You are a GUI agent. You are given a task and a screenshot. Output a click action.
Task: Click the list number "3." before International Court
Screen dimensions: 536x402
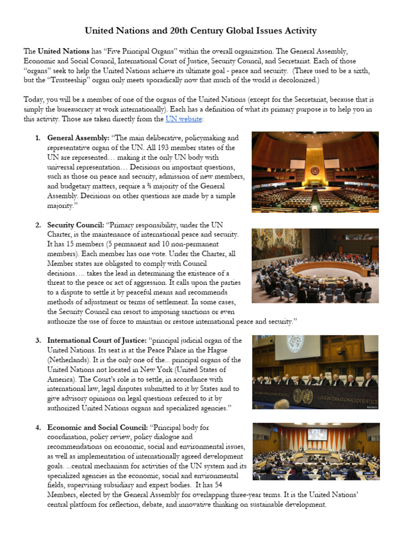click(x=38, y=340)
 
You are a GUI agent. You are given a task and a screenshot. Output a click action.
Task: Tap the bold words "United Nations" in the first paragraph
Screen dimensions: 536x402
click(x=63, y=51)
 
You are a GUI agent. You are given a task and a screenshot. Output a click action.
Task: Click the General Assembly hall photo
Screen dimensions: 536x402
click(x=315, y=171)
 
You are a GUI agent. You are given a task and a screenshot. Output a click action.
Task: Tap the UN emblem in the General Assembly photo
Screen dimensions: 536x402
click(x=315, y=171)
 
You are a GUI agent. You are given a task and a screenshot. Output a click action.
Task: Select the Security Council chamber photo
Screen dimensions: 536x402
click(x=315, y=265)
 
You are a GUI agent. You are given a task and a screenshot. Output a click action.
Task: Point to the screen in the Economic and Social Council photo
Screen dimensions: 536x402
click(x=317, y=434)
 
